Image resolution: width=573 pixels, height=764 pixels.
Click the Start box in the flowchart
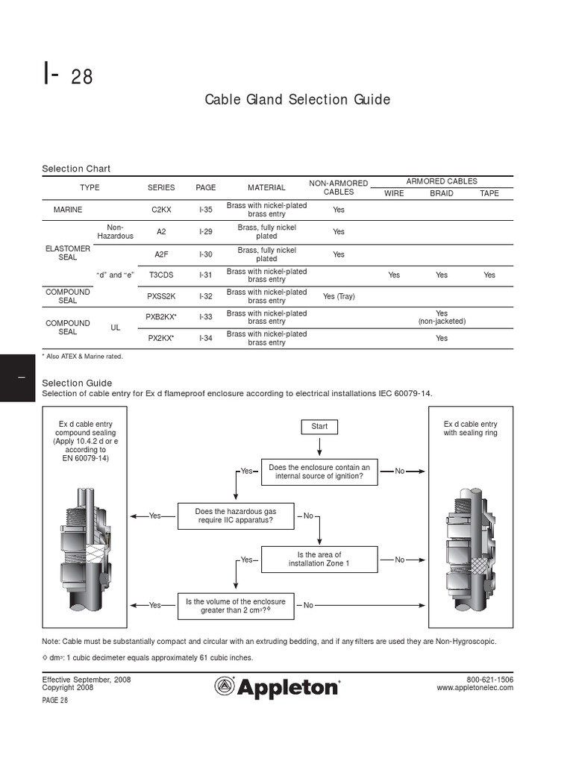(x=319, y=427)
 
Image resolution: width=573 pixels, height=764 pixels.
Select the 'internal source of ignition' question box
(x=319, y=472)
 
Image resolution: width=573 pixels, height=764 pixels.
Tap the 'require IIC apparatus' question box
(x=235, y=516)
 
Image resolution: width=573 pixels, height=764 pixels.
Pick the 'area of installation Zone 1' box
(x=319, y=560)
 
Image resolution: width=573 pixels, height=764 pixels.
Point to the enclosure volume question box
(x=235, y=605)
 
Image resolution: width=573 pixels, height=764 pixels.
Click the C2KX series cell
(x=161, y=210)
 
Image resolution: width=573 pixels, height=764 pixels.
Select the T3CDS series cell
(x=161, y=275)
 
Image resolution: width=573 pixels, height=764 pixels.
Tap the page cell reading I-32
(x=206, y=296)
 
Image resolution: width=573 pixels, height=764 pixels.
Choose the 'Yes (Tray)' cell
(x=339, y=296)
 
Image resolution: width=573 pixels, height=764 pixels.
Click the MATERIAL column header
(x=266, y=188)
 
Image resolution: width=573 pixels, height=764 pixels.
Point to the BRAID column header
(x=442, y=193)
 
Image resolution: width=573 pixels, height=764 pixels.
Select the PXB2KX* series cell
(x=161, y=317)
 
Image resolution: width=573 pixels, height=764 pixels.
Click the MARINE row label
(x=68, y=210)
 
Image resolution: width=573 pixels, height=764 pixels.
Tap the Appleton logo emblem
(x=225, y=686)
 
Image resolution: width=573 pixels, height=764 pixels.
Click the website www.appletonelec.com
(x=475, y=688)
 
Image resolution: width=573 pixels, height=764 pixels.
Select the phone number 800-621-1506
(x=490, y=680)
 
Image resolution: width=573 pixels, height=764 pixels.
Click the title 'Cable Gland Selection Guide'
(x=298, y=100)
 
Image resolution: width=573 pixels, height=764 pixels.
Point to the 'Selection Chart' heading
(x=76, y=169)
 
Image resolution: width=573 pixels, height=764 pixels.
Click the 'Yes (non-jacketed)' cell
(x=442, y=317)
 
